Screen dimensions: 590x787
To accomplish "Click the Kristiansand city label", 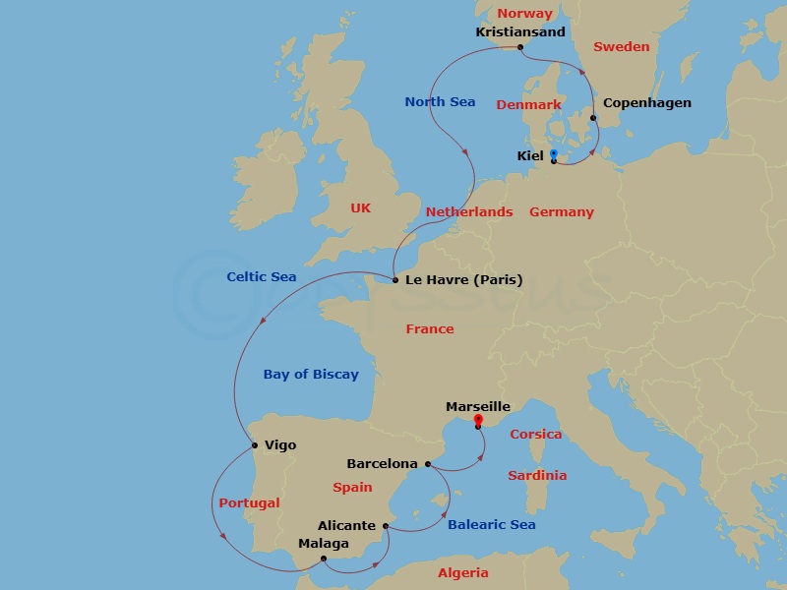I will [519, 31].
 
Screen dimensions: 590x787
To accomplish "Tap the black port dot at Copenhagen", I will [593, 118].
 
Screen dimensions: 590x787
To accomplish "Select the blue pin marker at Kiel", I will [554, 153].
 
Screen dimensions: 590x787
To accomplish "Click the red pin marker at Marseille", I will [477, 420].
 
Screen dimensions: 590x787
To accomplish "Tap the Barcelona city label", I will [382, 463].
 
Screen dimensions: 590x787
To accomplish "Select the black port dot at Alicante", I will [386, 526].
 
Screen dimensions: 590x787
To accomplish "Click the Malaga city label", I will [324, 543].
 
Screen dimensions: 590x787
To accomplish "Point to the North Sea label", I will [440, 102].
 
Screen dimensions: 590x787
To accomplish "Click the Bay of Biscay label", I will [311, 374].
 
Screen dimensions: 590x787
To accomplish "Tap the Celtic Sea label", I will [261, 277].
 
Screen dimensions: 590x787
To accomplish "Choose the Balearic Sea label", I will [491, 525].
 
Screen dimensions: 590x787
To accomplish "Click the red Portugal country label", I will [249, 503].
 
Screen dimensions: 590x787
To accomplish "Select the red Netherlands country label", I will [468, 212].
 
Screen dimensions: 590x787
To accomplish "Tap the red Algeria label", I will [462, 573].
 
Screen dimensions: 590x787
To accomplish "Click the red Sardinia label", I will [537, 476].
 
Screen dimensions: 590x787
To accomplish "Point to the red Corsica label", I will [535, 435].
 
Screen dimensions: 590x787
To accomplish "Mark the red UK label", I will [361, 208].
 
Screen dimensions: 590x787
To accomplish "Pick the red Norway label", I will [524, 14].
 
